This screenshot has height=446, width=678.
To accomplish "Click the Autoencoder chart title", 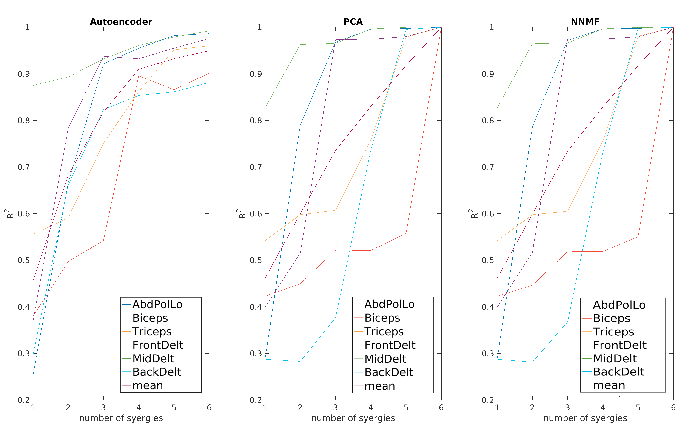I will tap(121, 22).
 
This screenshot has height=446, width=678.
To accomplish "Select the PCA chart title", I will tap(353, 22).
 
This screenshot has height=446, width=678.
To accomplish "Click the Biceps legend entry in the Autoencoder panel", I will tap(150, 318).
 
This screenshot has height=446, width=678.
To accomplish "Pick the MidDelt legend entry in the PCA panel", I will tap(385, 359).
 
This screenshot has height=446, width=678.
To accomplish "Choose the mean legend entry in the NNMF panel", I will tap(609, 385).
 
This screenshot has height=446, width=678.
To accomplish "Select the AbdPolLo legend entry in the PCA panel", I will tap(389, 304).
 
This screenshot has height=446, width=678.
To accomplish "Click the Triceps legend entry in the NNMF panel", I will tap(613, 332).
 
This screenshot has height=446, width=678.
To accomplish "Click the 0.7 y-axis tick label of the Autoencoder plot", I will tap(24, 167).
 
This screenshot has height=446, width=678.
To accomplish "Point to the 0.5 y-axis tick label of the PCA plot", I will tap(256, 260).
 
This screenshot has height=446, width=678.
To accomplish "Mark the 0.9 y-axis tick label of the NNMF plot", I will tap(488, 74).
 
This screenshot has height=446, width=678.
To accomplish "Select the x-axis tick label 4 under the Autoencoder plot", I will tap(139, 408).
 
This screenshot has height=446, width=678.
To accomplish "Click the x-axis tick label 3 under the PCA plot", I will tap(335, 408).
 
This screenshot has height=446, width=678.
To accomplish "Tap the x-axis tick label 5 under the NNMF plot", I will tap(638, 408).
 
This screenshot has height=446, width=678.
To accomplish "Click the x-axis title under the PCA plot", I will tap(353, 418).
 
